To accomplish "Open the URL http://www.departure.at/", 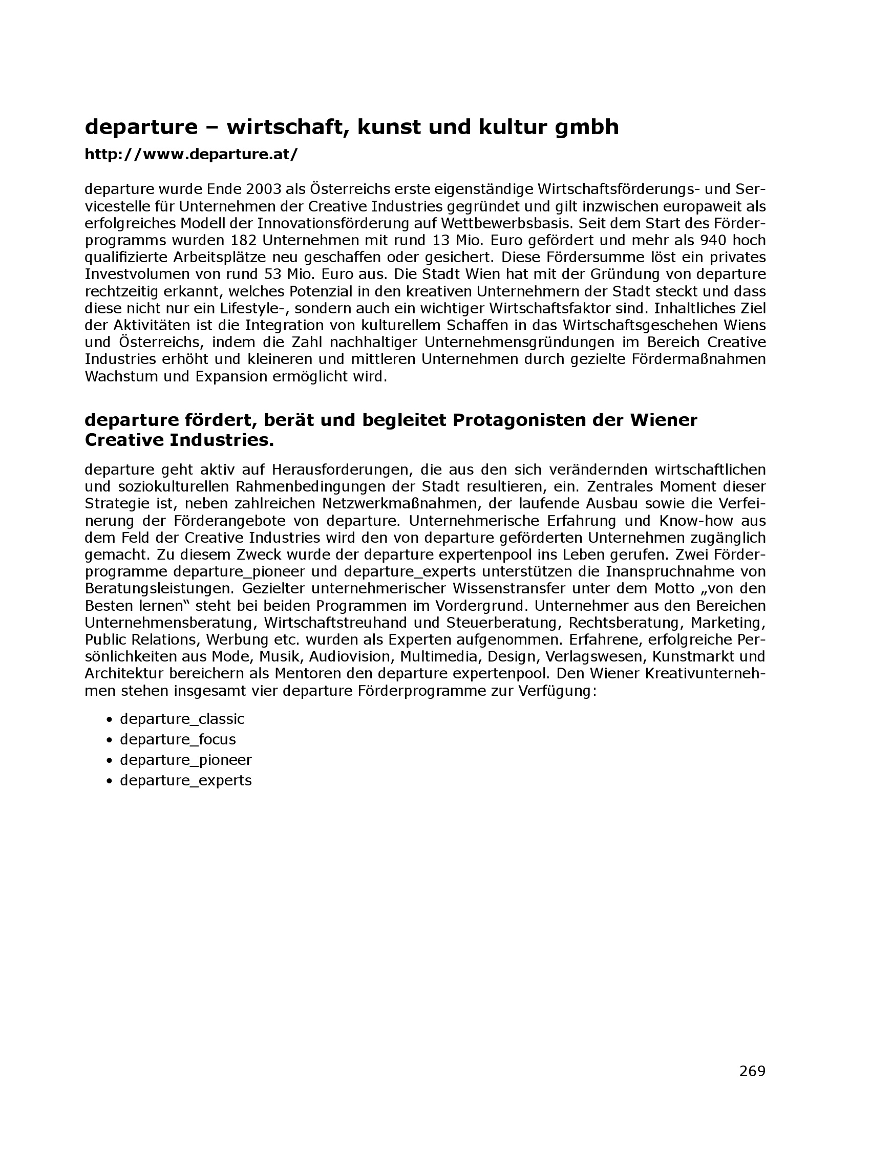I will point(192,154).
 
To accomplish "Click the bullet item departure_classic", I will point(182,719).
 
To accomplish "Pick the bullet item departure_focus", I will point(178,740).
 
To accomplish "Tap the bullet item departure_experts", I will point(185,781).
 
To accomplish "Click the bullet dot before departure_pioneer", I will point(109,761).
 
